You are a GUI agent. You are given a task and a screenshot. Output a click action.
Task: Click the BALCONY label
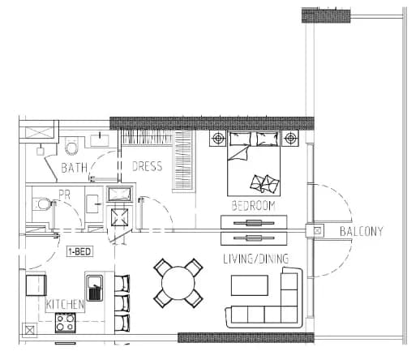[361, 232]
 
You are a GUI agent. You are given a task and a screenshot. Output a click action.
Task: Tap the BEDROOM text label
[253, 206]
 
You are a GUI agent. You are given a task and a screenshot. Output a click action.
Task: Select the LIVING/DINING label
[255, 259]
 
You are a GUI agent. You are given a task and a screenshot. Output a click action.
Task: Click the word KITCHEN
[65, 304]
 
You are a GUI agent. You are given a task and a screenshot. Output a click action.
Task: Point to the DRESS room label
[148, 166]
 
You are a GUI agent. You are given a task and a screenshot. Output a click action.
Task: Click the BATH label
[75, 168]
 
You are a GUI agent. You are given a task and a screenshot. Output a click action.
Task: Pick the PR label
[65, 195]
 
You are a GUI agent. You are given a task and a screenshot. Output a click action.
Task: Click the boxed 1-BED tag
[79, 251]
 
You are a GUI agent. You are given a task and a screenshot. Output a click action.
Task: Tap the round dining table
[178, 283]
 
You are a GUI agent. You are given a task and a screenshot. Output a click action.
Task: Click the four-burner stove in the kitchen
[66, 323]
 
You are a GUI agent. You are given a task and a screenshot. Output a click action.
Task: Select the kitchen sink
[94, 288]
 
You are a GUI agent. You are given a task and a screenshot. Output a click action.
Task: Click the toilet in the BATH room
[71, 146]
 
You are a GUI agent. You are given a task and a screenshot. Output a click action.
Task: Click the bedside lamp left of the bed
[217, 139]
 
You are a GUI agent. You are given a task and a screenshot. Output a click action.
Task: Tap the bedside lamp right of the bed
[290, 139]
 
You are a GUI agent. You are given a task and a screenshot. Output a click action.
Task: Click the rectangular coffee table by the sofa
[250, 285]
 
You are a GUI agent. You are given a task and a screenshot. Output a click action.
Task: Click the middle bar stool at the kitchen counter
[122, 303]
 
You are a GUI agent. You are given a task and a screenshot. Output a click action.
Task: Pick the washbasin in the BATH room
[100, 140]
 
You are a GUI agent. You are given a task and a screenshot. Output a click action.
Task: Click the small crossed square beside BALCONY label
[318, 231]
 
